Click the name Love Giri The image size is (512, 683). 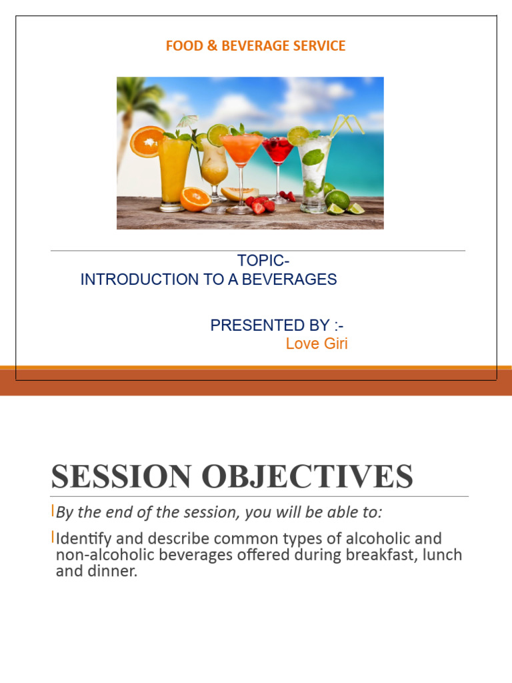317,344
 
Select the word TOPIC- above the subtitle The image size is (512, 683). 263,261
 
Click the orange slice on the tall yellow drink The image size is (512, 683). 147,141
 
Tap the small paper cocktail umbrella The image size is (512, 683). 187,122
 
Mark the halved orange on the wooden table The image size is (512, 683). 195,199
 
